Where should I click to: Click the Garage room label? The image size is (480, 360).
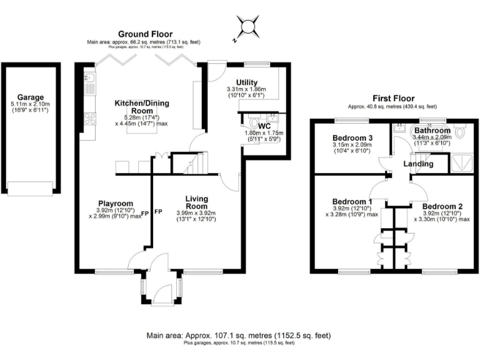(31, 97)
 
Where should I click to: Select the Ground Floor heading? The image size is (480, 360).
(147, 34)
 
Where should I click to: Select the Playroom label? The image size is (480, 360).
(116, 203)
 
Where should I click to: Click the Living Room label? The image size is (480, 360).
(196, 202)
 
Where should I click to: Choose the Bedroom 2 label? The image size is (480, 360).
(442, 206)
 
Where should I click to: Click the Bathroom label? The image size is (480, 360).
(431, 131)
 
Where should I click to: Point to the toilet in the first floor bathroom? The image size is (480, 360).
(461, 132)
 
